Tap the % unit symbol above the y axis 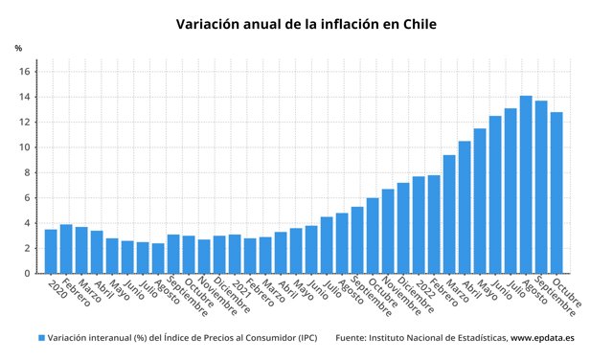click(x=18, y=48)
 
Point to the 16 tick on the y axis click(x=26, y=72)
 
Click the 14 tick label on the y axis click(x=26, y=97)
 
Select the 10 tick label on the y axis click(x=26, y=147)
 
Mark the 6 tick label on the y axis click(x=29, y=198)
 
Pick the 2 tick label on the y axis click(x=29, y=249)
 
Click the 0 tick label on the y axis click(x=29, y=274)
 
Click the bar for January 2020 click(x=51, y=252)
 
